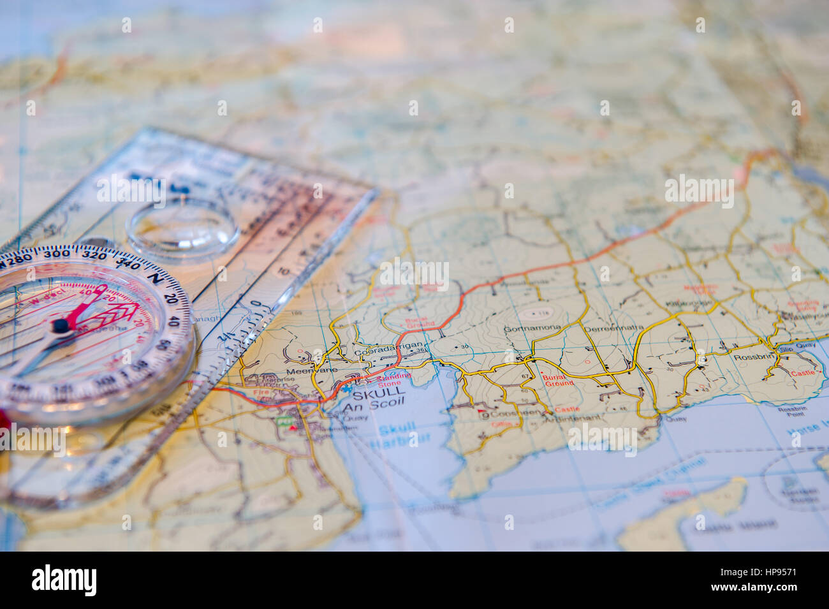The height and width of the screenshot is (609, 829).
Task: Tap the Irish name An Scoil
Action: pos(374,407)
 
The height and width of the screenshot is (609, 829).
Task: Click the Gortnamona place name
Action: pos(532,329)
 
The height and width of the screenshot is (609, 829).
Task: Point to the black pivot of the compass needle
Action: pos(61,326)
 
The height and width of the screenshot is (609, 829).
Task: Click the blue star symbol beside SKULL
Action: pos(347,388)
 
